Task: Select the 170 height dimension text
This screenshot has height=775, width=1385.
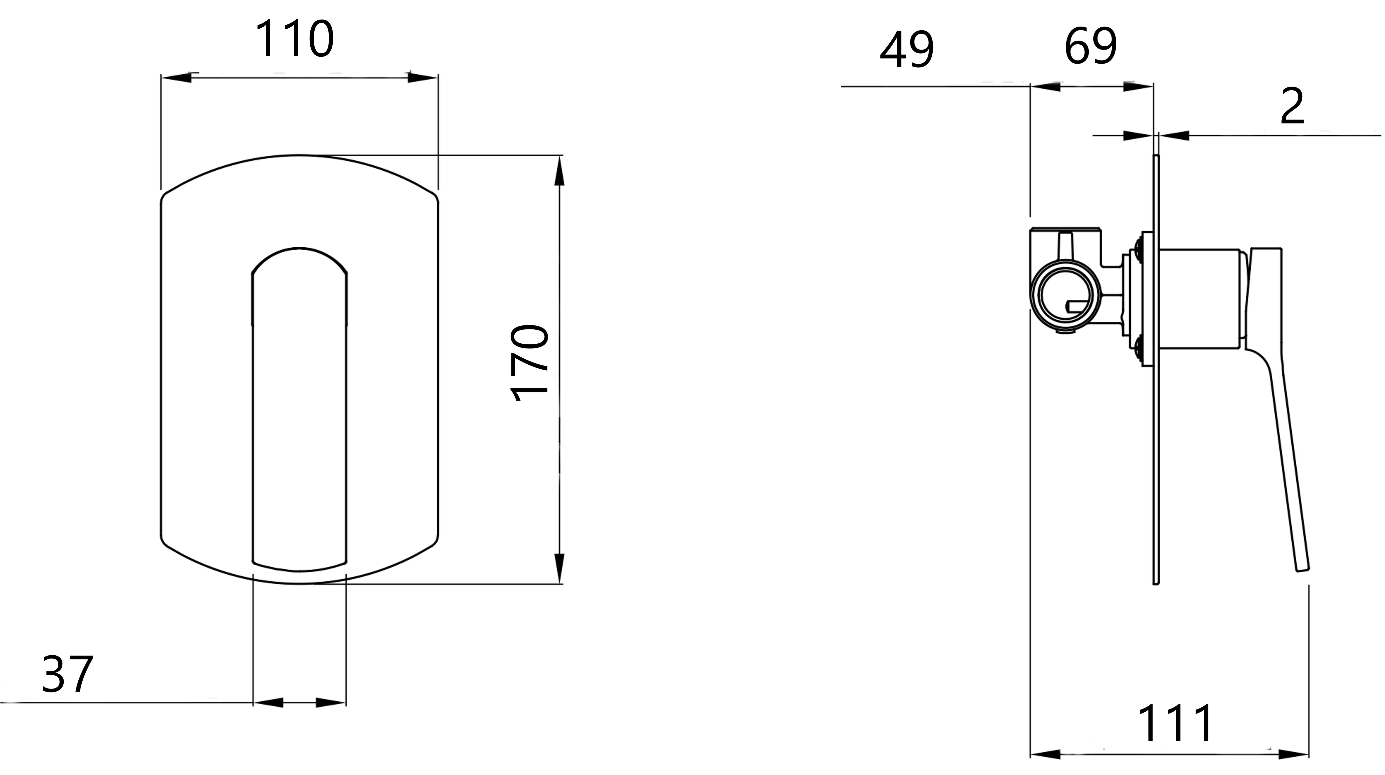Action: [530, 363]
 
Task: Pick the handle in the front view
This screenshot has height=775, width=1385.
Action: [299, 409]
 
